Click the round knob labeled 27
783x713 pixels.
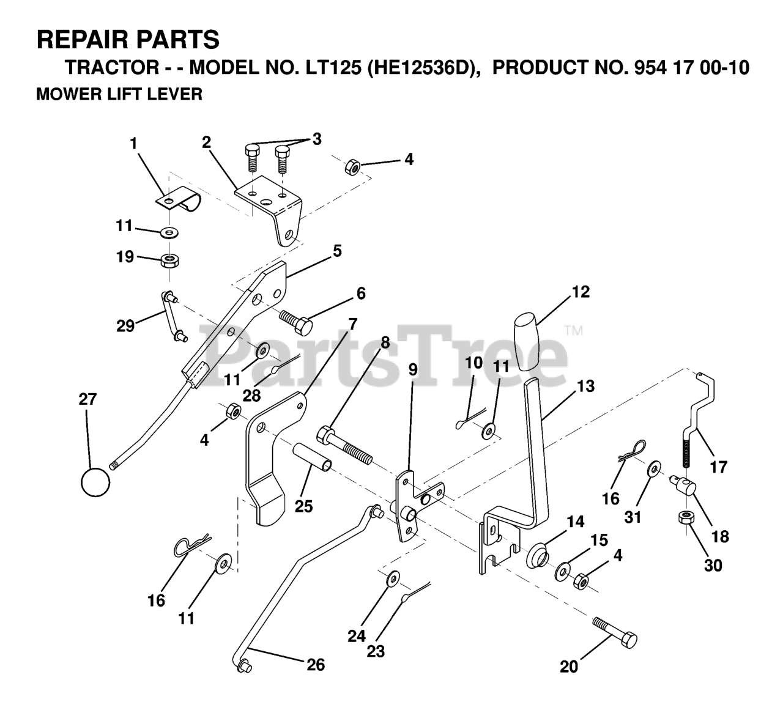coord(95,482)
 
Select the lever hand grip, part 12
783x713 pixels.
coord(527,341)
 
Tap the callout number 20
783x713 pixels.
coord(569,667)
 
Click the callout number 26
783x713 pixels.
coord(316,665)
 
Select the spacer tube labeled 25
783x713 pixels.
coord(313,457)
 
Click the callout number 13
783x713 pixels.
coord(585,386)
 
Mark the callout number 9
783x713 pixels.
coord(413,369)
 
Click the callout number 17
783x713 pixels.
coord(719,467)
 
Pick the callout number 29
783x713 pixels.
coord(125,325)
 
